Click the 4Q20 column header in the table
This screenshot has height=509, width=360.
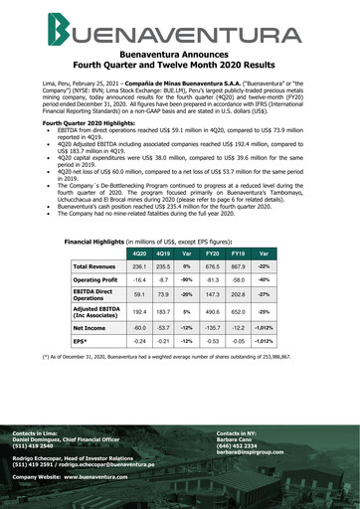click(139, 226)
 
